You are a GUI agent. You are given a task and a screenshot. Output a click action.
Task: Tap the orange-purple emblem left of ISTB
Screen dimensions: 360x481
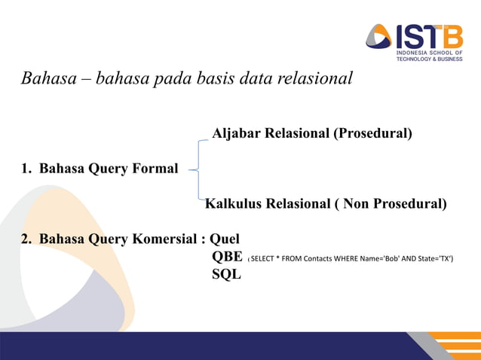379,36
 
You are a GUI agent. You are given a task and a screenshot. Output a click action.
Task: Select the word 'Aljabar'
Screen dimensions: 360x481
237,133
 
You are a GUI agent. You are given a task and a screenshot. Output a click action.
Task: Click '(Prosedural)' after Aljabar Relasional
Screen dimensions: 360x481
374,133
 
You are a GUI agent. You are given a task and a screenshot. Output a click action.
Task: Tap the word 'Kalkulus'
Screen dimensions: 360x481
233,203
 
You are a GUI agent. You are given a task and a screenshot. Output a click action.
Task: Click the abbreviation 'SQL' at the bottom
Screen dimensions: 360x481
226,274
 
